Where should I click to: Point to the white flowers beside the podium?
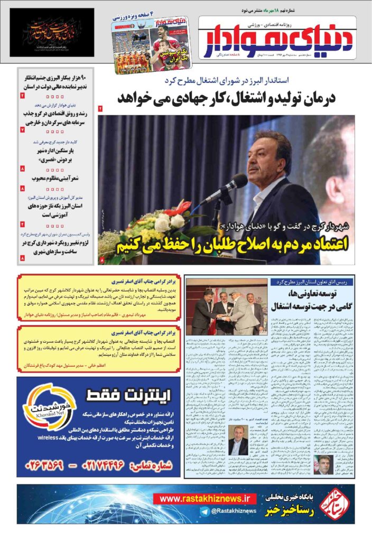[169, 222]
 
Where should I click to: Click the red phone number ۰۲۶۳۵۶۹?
[50, 465]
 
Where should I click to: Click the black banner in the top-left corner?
[52, 32]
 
